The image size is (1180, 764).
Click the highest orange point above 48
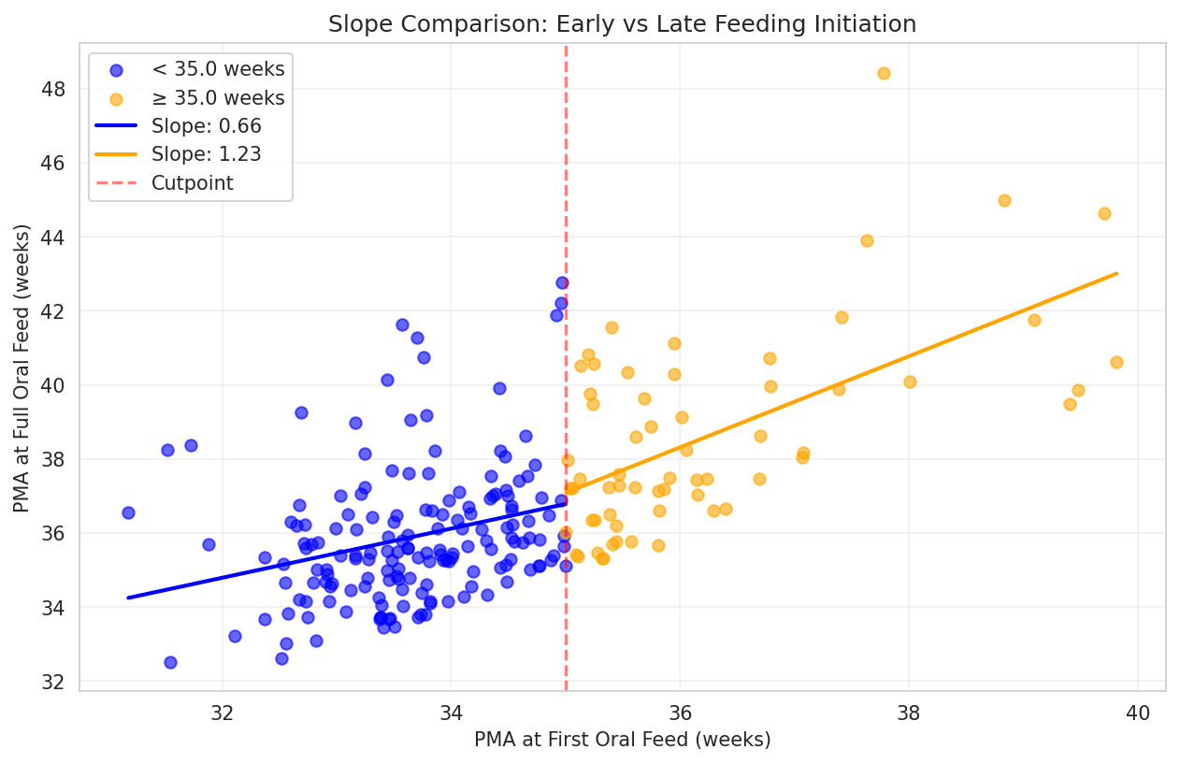tap(884, 73)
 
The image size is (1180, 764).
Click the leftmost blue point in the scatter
tap(128, 512)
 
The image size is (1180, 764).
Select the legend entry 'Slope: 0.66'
tap(206, 125)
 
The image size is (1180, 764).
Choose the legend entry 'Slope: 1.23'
tap(206, 154)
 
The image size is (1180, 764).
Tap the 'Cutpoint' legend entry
tap(192, 183)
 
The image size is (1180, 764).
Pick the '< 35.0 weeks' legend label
tap(218, 68)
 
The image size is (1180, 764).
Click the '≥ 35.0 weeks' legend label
tap(218, 97)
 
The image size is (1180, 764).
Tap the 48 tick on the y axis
tap(52, 89)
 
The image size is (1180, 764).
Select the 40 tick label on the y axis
tap(52, 385)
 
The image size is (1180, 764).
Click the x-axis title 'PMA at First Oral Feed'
tap(622, 740)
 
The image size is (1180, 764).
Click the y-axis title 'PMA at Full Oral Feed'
tap(22, 368)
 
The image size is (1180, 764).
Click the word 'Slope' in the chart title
tap(358, 24)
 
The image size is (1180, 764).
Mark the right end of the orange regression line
tap(1117, 273)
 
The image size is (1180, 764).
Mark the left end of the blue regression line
tap(128, 598)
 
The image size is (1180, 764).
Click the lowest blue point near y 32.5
tap(170, 662)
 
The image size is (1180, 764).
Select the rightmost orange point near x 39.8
tap(1116, 362)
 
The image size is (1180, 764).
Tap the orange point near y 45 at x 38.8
tap(1004, 200)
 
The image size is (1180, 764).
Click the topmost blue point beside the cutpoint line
tap(562, 282)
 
